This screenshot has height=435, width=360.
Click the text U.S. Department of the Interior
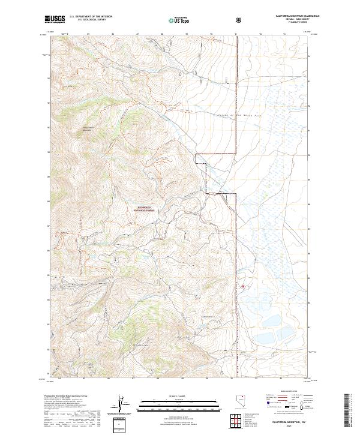coord(91,17)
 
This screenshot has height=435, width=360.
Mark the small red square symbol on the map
coord(243,286)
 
